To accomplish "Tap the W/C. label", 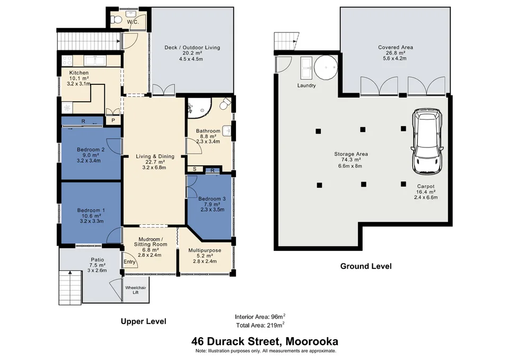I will point(133,22).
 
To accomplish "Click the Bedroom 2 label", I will point(90,150).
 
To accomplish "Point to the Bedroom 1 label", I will point(91,210).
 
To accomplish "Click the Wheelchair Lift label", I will point(131,291).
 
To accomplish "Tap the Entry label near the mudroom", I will point(129,262).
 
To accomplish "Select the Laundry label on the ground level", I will point(306,85).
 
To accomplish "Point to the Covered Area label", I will point(396,47).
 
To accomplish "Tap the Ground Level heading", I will point(365,266).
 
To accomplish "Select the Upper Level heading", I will point(143,321).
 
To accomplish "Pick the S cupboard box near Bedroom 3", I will point(195,170).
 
